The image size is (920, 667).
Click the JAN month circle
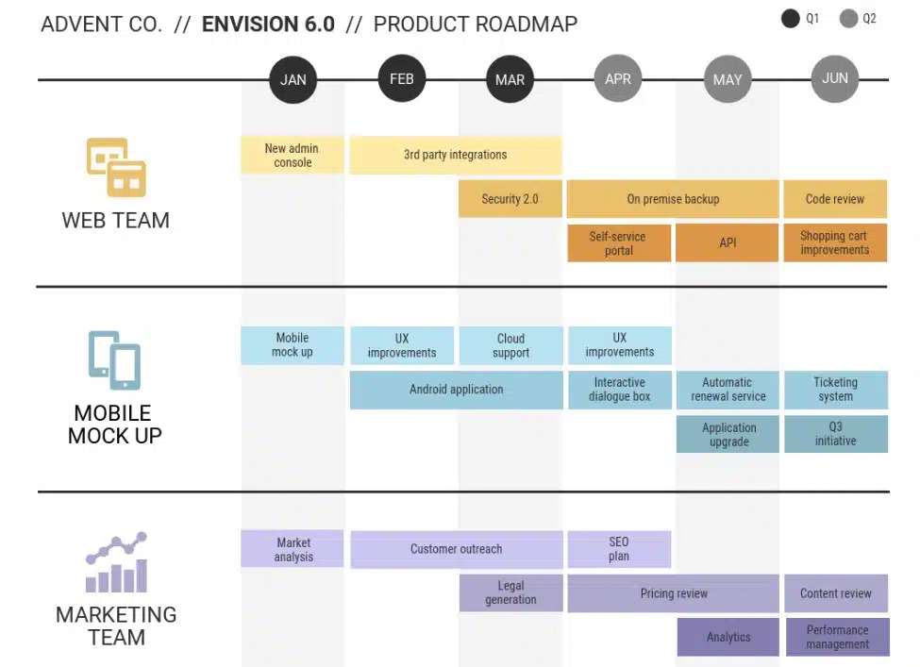[x=293, y=79]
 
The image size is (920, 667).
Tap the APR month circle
[x=618, y=79]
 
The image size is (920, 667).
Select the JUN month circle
[x=835, y=79]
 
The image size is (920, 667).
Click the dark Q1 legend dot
[x=791, y=18]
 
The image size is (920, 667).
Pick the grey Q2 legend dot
[x=848, y=18]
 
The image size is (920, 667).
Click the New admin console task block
[x=293, y=155]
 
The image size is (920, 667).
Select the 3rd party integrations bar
[x=456, y=155]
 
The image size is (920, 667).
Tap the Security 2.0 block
[x=510, y=199]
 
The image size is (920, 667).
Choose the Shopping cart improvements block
[x=835, y=242]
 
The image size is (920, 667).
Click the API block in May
[x=728, y=242]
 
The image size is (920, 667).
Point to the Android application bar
[x=456, y=390]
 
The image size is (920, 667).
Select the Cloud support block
[x=510, y=345]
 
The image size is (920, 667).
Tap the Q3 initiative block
[x=836, y=434]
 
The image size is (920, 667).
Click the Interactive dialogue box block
[x=619, y=390]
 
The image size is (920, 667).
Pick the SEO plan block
[x=619, y=549]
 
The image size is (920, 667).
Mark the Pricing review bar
[x=674, y=593]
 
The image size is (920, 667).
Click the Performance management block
[x=837, y=637]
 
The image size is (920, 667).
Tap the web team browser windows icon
[x=116, y=167]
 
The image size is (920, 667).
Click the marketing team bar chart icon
[x=116, y=563]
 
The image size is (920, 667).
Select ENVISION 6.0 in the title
[x=268, y=25]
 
